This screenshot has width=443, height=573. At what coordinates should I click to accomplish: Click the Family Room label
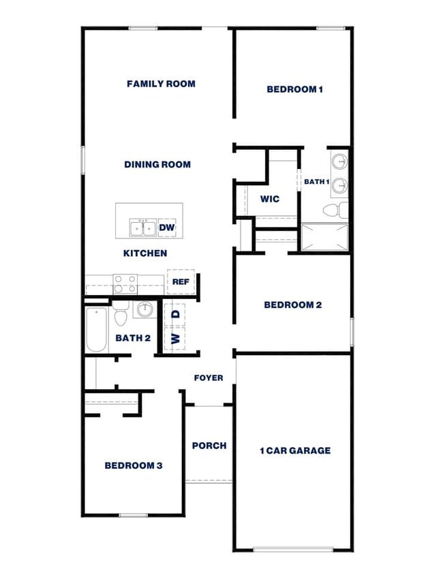161,84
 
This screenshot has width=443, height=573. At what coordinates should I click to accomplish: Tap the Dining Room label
157,164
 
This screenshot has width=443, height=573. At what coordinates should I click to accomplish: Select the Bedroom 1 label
294,89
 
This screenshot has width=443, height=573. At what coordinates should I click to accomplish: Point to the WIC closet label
270,199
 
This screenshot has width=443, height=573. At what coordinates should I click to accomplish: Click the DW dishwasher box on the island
167,228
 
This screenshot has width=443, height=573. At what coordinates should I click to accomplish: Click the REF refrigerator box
181,281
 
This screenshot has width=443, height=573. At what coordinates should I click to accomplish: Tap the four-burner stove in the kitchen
125,283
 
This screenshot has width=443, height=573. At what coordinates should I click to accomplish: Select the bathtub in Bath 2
96,330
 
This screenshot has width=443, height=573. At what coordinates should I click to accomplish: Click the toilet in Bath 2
121,316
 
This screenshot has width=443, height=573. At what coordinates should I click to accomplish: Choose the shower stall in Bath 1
324,236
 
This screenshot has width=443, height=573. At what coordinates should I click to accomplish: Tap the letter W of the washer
175,338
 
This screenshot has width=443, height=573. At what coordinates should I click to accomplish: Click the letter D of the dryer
175,314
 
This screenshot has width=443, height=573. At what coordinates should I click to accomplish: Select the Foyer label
209,377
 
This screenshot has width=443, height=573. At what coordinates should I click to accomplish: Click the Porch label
209,446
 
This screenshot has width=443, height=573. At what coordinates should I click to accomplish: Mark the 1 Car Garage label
295,450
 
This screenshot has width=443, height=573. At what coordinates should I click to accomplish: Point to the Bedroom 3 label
134,465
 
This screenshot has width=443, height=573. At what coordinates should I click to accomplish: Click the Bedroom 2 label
292,305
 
